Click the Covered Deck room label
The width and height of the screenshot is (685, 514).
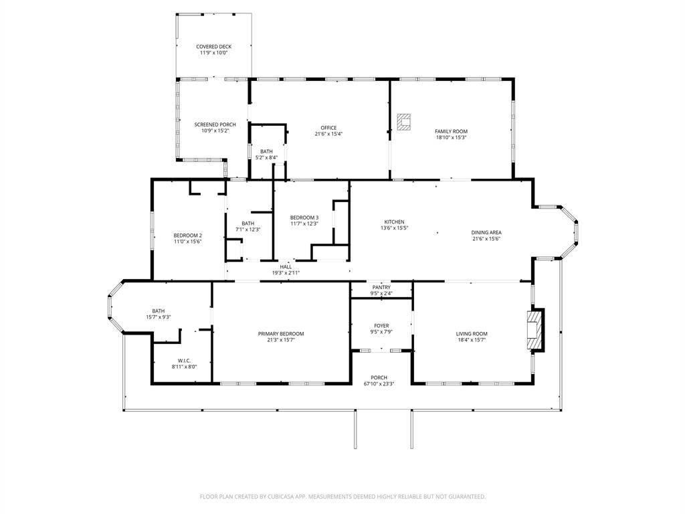point(213,47)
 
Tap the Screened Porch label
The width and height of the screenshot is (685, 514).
point(215,124)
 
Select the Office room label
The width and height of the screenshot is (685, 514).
point(328,128)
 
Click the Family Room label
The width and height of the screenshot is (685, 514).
point(451,131)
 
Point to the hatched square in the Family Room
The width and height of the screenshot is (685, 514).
point(404,120)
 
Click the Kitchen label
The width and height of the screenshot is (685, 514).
point(394,222)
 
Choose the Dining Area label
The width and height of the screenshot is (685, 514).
point(486,232)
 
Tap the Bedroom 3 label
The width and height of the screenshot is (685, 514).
point(304,218)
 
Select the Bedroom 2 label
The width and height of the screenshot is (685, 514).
point(187,235)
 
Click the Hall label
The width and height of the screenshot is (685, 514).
point(286,266)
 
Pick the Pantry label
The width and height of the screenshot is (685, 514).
point(381,287)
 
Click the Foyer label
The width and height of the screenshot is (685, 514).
point(381,326)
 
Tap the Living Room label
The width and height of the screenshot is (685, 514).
point(472,333)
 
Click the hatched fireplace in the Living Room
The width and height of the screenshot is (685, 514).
point(536,329)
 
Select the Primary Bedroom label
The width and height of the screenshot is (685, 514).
point(281,333)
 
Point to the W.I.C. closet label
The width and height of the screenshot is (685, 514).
point(185,360)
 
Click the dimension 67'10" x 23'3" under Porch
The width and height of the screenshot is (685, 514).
point(379,384)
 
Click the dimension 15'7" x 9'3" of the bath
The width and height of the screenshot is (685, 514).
point(159,317)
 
